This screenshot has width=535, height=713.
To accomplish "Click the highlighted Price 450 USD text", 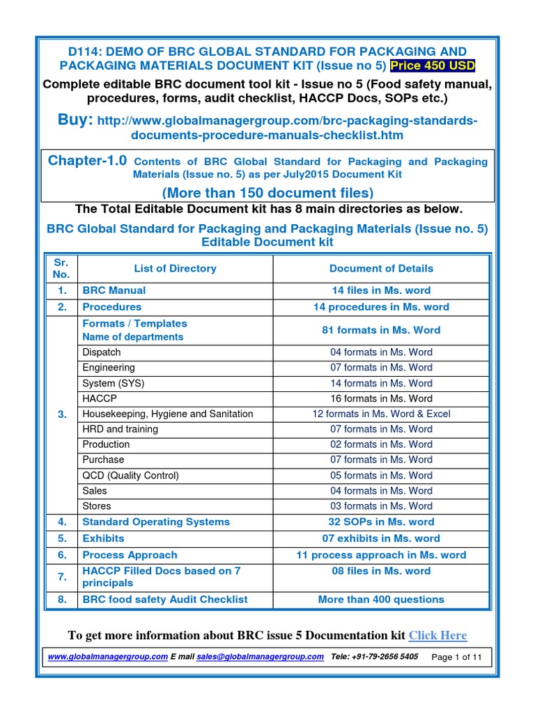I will pos(433,65).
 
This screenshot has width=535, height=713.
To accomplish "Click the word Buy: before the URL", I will pos(75,120).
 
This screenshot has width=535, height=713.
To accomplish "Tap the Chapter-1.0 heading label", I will pos(87,161).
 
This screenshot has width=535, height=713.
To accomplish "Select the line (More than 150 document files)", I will pos(267,192).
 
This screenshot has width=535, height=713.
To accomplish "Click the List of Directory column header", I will pos(175,268).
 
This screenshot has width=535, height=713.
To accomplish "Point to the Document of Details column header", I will pos(381,268).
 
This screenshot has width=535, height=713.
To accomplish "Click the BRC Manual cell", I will pos(114,290).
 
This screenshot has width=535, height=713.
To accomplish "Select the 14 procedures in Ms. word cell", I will pos(381,307).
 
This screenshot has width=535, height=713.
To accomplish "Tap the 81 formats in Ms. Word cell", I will pos(381,330).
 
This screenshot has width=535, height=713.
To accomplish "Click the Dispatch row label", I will pos(102,352).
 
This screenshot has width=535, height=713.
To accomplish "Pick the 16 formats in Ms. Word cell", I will pos(381,398).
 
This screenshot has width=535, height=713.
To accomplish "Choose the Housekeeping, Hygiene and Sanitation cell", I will pos(168,414).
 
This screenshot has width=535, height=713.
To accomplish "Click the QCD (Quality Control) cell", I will pos(131,476).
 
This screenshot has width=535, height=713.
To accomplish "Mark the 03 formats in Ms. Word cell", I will pos(381,506).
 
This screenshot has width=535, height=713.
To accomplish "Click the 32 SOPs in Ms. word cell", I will pos(381,522).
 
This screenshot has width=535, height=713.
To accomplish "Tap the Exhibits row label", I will pos(103,538).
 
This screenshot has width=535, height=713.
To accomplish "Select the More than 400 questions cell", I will pos(381,600).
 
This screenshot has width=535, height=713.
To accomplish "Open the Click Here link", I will pos(437,635).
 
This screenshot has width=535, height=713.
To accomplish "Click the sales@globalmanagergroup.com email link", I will pos(260,657).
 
